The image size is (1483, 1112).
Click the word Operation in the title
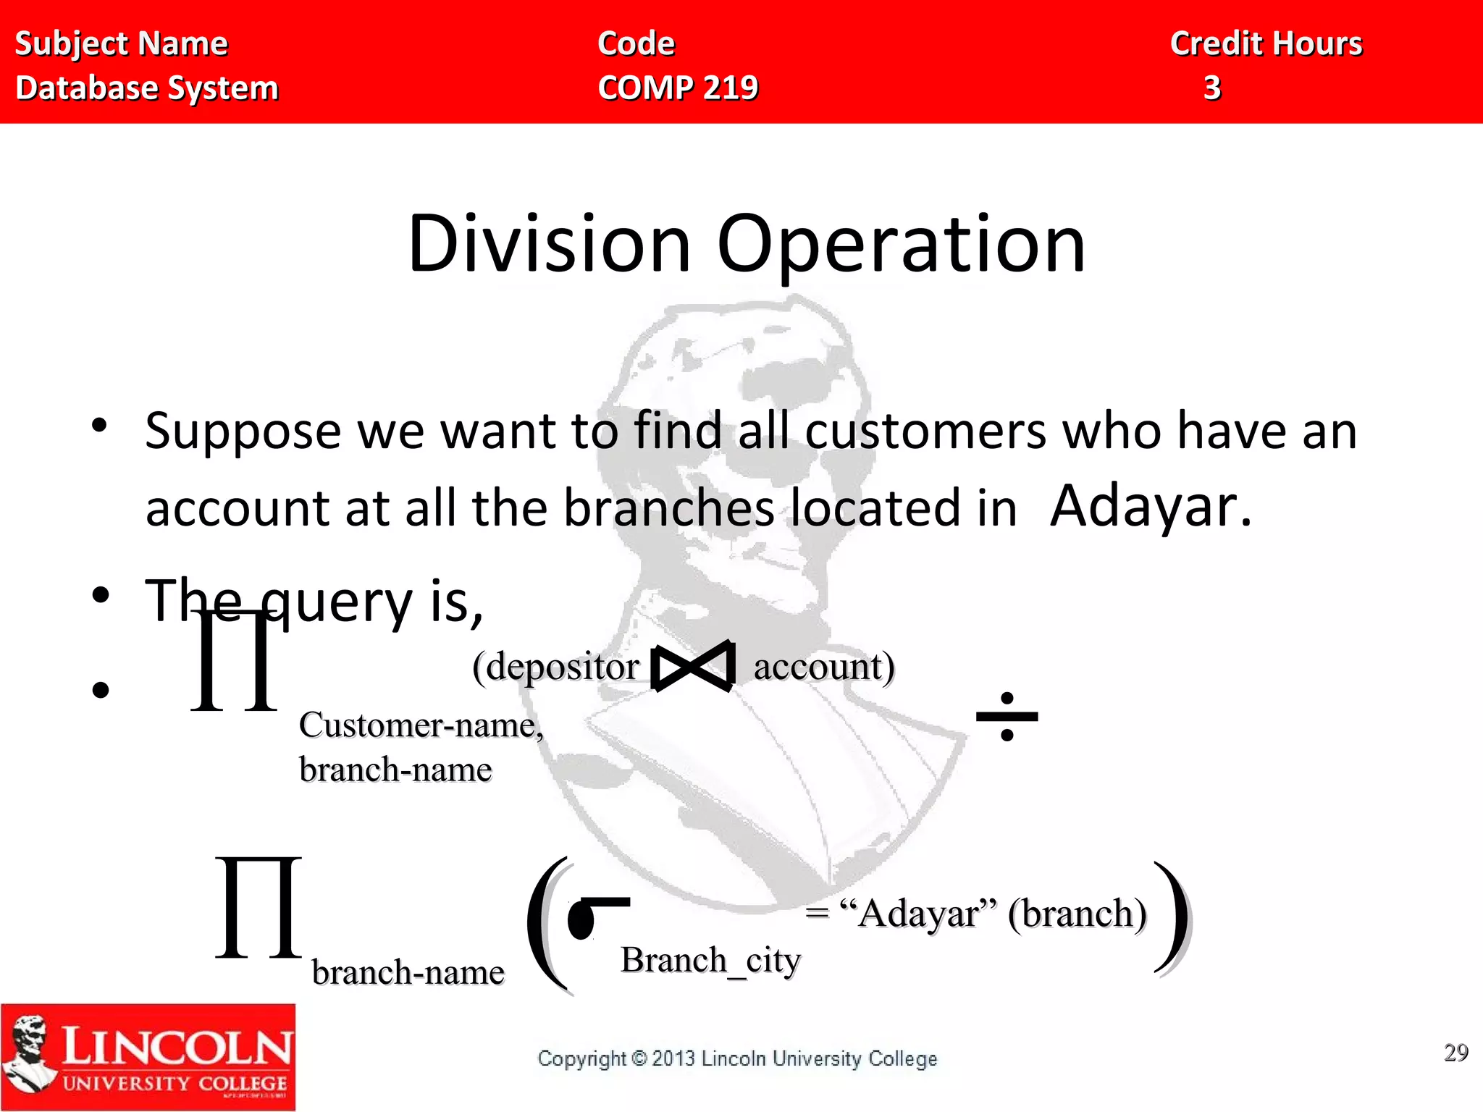coord(901,246)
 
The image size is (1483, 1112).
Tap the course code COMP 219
coord(678,88)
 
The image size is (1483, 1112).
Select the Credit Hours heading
coord(1266,43)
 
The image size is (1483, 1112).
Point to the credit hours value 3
coord(1212,88)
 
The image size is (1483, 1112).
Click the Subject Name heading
coord(122,43)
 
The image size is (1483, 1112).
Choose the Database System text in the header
coord(147,88)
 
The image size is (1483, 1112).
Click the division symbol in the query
coord(1007,717)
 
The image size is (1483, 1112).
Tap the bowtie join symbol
coord(693,666)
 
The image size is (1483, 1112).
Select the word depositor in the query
coord(563,666)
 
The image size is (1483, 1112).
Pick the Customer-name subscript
coord(421,725)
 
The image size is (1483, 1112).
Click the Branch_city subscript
coord(710,961)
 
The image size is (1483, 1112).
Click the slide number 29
coord(1455,1052)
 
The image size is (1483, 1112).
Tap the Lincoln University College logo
coord(148,1057)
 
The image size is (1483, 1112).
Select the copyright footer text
coord(737,1058)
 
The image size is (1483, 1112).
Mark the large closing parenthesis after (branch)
coord(1173,918)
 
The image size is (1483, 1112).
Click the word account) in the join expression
coord(824,666)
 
